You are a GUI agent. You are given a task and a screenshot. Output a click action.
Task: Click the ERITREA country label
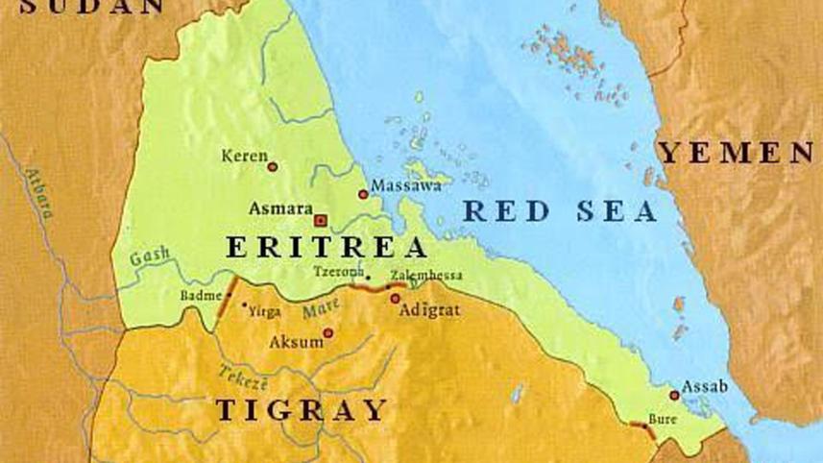click(x=327, y=247)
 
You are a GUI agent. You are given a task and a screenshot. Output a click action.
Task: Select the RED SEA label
click(x=560, y=211)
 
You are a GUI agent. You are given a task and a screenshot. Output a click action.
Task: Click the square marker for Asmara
click(x=321, y=219)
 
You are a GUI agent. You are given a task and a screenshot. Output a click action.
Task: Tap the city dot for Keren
click(x=273, y=166)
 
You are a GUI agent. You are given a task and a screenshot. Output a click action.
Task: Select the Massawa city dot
click(x=363, y=194)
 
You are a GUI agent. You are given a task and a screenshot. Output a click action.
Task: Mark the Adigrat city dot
click(x=395, y=299)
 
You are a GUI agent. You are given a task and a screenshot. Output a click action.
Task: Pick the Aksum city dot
click(x=328, y=333)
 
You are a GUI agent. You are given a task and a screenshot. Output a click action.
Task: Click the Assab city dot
click(x=675, y=395)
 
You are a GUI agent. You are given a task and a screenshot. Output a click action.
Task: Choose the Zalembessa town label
click(x=426, y=276)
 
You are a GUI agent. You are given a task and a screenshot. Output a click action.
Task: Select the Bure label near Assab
click(x=663, y=420)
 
